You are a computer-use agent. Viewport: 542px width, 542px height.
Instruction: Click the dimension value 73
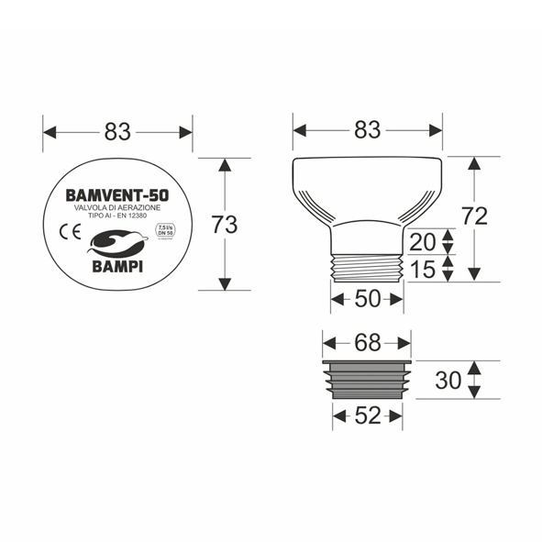coord(225,224)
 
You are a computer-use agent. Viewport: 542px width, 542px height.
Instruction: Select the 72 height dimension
coord(474,216)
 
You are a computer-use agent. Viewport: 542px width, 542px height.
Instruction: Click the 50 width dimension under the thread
coord(367,298)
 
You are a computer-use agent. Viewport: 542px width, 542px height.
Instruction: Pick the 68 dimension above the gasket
coord(367,343)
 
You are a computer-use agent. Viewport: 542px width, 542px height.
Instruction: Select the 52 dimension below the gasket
coord(367,415)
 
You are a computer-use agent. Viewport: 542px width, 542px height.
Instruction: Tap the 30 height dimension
coord(448,380)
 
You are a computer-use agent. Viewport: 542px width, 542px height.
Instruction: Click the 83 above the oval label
coord(117,132)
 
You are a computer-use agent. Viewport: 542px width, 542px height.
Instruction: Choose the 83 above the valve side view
coord(367,131)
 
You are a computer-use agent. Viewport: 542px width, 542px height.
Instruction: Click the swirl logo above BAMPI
coord(116,242)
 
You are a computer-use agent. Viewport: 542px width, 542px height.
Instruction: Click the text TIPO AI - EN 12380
coord(116,218)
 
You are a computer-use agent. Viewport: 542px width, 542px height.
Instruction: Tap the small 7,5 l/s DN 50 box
coord(165,231)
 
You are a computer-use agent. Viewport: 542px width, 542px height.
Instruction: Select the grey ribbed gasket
coord(367,380)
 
